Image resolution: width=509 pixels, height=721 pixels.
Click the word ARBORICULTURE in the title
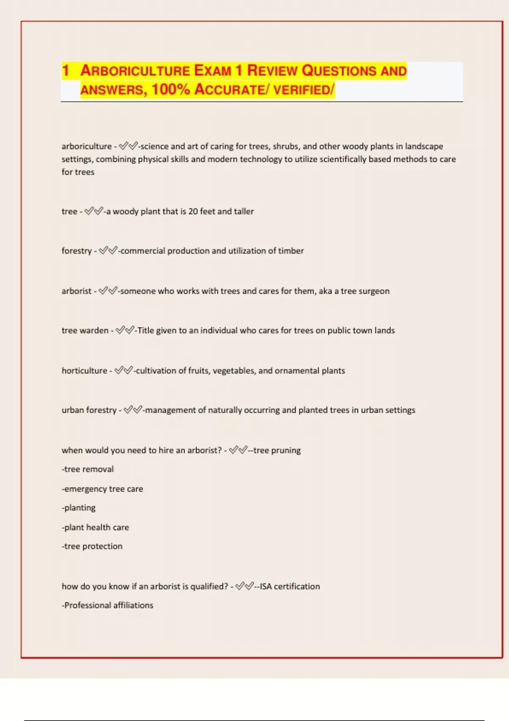coord(135,71)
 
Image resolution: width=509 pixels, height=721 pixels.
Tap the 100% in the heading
coord(171,89)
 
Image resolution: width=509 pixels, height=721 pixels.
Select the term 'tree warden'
coord(85,330)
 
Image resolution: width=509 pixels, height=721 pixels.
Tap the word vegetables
coord(233,371)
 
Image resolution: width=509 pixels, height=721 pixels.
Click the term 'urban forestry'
coord(89,410)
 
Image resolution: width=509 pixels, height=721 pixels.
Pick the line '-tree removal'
coord(88,469)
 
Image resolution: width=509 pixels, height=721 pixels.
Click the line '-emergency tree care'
coord(102,489)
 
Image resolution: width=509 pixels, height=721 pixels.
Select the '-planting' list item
coord(78,508)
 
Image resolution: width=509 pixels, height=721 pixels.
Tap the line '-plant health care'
coord(95,527)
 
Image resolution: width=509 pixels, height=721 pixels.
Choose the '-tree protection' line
coord(92,546)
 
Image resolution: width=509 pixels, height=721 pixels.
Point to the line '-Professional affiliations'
coord(107,605)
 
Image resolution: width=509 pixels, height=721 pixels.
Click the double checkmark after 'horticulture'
coord(124,370)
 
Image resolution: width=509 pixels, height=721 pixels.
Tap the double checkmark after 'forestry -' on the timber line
coord(108,251)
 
